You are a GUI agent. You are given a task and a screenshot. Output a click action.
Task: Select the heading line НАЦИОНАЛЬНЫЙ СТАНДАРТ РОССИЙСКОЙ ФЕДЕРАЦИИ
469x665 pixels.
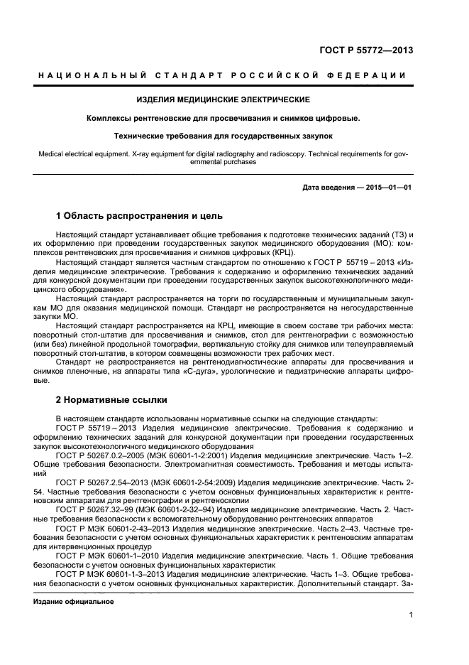(222, 76)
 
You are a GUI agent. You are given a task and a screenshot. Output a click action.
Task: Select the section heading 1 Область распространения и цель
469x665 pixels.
(139, 215)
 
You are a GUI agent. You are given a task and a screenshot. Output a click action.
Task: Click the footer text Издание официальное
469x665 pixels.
(74, 601)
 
